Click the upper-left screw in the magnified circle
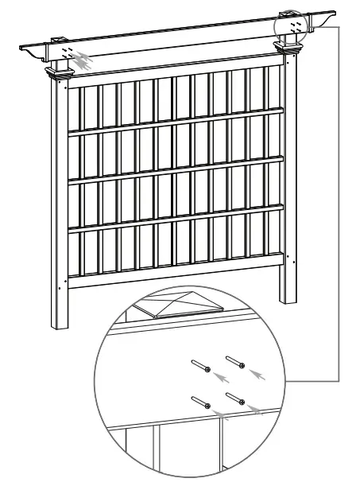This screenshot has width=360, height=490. click(200, 367)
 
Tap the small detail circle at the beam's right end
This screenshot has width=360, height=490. click(291, 26)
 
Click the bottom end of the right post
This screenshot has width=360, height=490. click(287, 298)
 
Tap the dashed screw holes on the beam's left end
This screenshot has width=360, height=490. click(71, 49)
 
